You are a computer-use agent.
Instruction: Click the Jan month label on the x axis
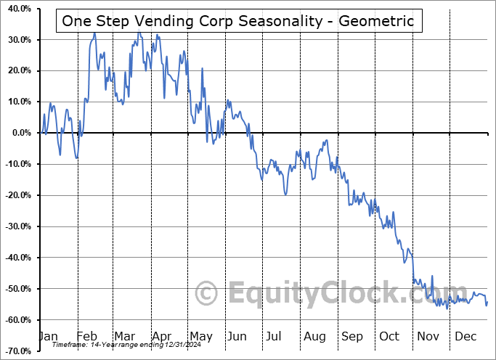pyautogui.click(x=47, y=336)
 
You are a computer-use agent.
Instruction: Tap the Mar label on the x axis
pyautogui.click(x=123, y=336)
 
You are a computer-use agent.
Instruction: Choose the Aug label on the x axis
pyautogui.click(x=315, y=336)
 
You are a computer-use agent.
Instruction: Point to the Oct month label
pyautogui.click(x=390, y=336)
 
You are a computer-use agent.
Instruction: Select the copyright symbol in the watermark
pyautogui.click(x=207, y=294)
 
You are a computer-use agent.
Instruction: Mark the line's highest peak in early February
pyautogui.click(x=94, y=33)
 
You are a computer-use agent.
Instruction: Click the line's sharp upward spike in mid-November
pyautogui.click(x=432, y=276)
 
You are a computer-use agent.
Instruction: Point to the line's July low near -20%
pyautogui.click(x=285, y=195)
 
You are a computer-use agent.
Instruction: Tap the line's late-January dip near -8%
pyautogui.click(x=76, y=157)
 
